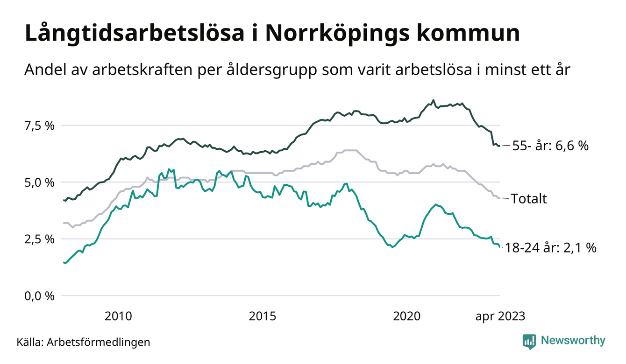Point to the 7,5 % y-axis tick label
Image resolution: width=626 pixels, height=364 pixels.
tap(39, 126)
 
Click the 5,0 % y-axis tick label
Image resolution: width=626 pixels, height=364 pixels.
tap(39, 182)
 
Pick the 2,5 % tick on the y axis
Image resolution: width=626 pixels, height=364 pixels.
tap(39, 239)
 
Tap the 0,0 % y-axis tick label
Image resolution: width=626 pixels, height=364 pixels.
tap(39, 296)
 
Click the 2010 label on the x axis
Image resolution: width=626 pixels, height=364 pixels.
tap(118, 316)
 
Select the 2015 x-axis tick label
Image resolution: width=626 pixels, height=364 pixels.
tap(263, 316)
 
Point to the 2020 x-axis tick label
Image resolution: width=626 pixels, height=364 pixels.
tap(407, 316)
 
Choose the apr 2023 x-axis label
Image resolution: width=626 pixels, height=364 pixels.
tap(500, 316)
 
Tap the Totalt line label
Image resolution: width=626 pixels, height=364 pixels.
tap(529, 199)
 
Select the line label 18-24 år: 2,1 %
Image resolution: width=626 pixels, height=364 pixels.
tap(551, 248)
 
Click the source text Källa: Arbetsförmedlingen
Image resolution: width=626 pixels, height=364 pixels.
tap(84, 342)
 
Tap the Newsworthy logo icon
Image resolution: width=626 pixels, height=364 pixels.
tap(529, 341)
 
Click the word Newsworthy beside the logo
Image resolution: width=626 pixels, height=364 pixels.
tap(573, 341)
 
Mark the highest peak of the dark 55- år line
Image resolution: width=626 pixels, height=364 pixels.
tap(433, 100)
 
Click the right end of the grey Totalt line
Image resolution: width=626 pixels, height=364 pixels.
tap(499, 198)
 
